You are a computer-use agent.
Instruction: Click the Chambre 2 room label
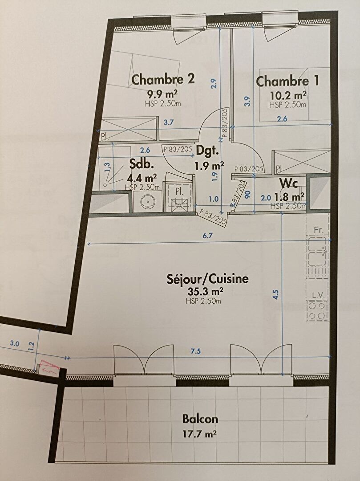pyautogui.click(x=163, y=79)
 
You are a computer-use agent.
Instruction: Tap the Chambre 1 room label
pyautogui.click(x=287, y=81)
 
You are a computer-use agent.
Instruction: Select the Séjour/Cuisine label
pyautogui.click(x=207, y=279)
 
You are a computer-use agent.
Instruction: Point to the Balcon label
pyautogui.click(x=200, y=419)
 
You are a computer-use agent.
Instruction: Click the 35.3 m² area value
pyautogui.click(x=207, y=291)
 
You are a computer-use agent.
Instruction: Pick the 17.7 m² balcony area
pyautogui.click(x=200, y=434)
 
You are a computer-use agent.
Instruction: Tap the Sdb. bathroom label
pyautogui.click(x=141, y=164)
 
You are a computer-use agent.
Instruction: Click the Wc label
pyautogui.click(x=288, y=183)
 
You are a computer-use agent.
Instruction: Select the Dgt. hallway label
pyautogui.click(x=207, y=151)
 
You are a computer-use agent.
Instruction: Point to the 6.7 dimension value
pyautogui.click(x=207, y=236)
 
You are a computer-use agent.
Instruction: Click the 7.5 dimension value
pyautogui.click(x=196, y=351)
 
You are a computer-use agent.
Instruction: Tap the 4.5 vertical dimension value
pyautogui.click(x=276, y=295)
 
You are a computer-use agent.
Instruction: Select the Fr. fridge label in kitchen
pyautogui.click(x=319, y=230)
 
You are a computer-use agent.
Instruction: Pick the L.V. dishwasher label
pyautogui.click(x=318, y=295)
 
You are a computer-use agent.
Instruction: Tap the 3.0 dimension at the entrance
pyautogui.click(x=14, y=343)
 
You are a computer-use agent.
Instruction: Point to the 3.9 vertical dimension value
pyautogui.click(x=247, y=101)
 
